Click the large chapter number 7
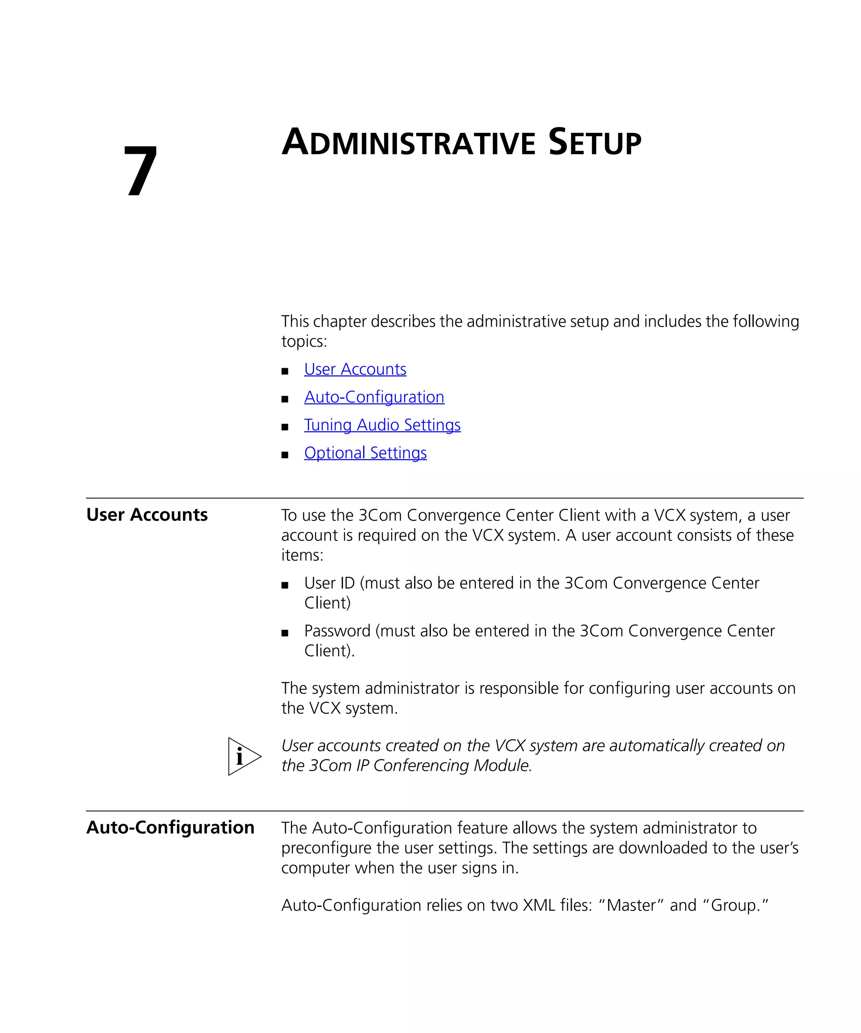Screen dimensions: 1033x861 [140, 171]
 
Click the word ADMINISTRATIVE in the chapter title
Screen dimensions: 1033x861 [408, 142]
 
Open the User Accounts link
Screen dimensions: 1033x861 [355, 369]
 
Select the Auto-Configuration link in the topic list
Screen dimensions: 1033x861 [374, 397]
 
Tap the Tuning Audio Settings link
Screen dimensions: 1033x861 [382, 425]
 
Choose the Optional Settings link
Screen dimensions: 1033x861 [365, 453]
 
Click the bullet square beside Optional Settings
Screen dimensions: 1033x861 [284, 455]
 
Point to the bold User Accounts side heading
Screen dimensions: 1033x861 [147, 514]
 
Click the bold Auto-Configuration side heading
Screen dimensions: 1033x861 [170, 827]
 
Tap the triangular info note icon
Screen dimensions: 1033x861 [243, 756]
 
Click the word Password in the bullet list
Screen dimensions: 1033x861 [337, 631]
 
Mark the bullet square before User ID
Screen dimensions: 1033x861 [284, 585]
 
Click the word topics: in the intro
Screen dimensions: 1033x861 [304, 341]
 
